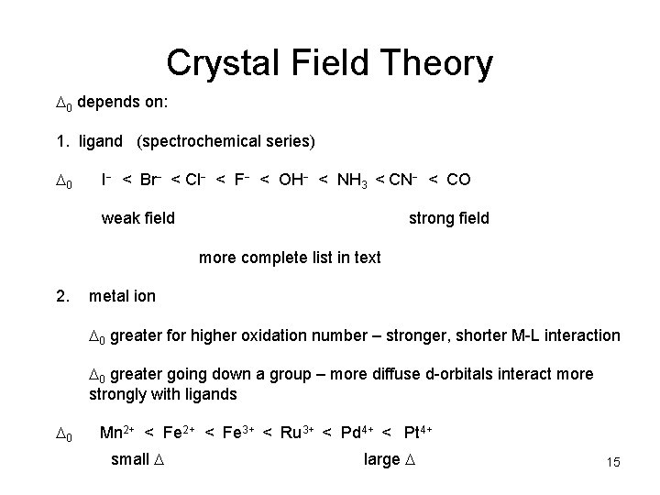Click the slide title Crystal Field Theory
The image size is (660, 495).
pyautogui.click(x=329, y=63)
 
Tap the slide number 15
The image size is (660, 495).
pyautogui.click(x=613, y=463)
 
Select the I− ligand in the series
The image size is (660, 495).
pyautogui.click(x=106, y=180)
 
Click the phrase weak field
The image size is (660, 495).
pyautogui.click(x=137, y=218)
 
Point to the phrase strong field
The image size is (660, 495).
pyautogui.click(x=448, y=218)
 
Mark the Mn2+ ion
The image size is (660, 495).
pyautogui.click(x=118, y=432)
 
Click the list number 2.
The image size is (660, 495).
pyautogui.click(x=62, y=296)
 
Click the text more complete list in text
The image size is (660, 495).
pyautogui.click(x=290, y=258)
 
